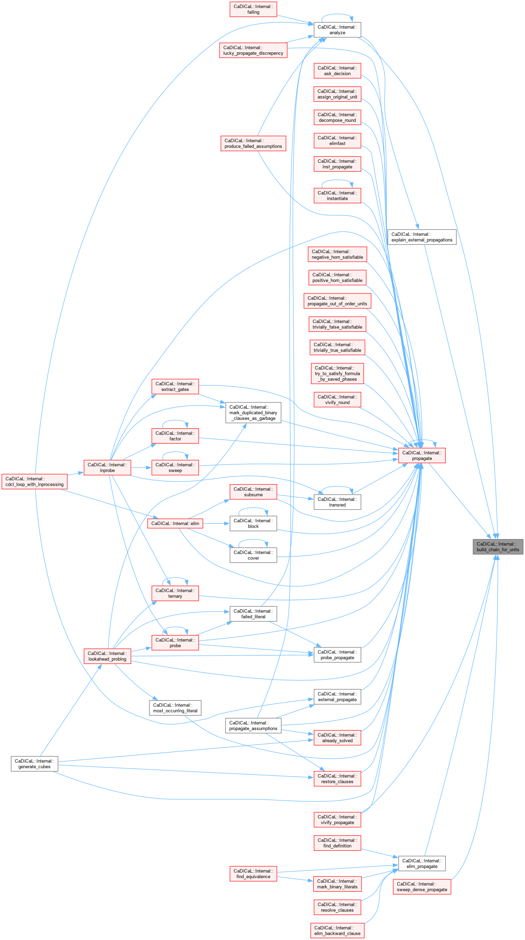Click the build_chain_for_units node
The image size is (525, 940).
tap(498, 547)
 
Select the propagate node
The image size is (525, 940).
tap(422, 456)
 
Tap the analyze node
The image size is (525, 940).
tap(337, 30)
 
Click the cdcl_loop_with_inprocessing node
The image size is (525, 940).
tap(34, 481)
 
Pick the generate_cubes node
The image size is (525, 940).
tap(34, 764)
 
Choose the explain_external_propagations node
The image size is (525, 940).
tap(422, 237)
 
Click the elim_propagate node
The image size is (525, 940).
tap(422, 864)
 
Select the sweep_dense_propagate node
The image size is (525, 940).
tap(422, 887)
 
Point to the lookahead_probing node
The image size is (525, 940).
tap(107, 656)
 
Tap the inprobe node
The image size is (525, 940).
tap(107, 467)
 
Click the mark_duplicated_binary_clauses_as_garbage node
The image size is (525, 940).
tap(253, 413)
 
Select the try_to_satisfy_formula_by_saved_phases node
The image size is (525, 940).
tap(337, 373)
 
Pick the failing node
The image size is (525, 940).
tap(253, 9)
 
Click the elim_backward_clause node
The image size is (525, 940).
tap(337, 931)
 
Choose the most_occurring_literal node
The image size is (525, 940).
tap(175, 708)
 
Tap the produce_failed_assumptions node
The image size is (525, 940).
tap(253, 144)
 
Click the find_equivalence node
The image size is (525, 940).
tap(253, 874)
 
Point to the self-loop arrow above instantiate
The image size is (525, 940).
tap(337, 180)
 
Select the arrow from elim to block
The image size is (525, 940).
tap(216, 523)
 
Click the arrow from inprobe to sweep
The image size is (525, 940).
tap(141, 467)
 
